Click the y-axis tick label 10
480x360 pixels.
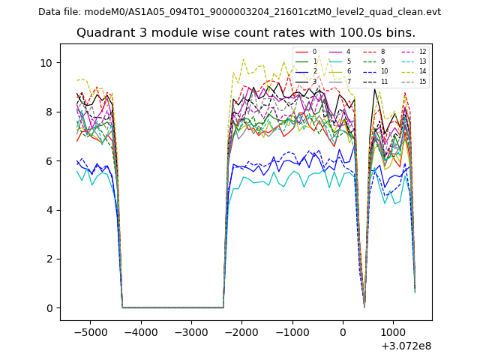click(47, 63)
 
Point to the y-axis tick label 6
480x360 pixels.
click(49, 161)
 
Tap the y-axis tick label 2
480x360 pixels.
click(49, 259)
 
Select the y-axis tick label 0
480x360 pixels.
click(49, 308)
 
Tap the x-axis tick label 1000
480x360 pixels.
click(393, 332)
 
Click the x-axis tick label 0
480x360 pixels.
click(343, 332)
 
